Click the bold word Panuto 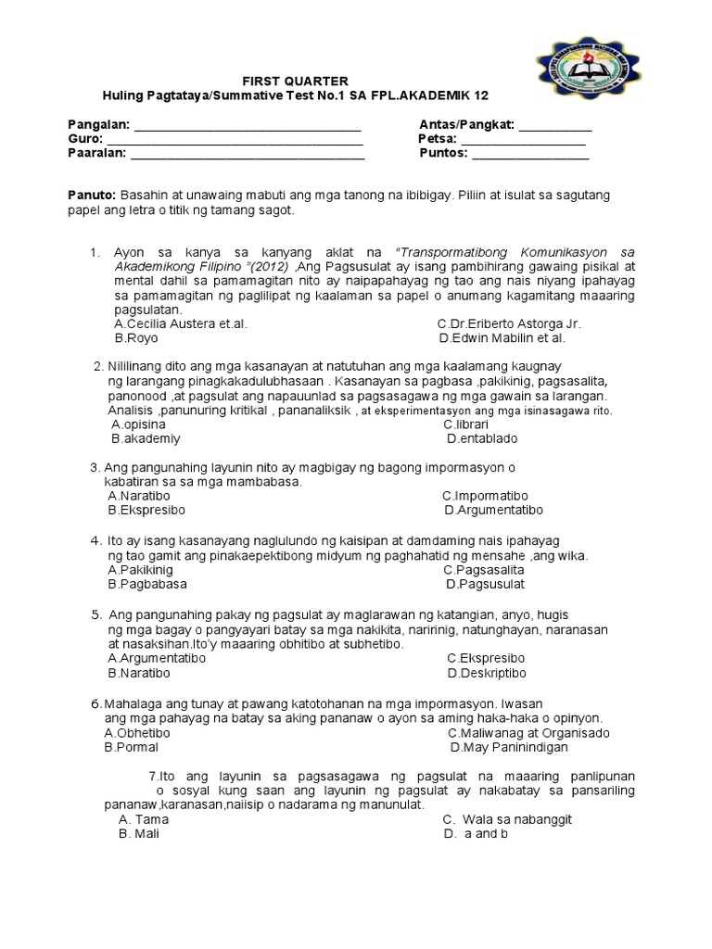(x=91, y=196)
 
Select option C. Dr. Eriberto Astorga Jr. (x=509, y=324)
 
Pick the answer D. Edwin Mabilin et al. (x=502, y=338)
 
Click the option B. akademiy (x=146, y=437)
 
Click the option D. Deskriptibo (x=486, y=672)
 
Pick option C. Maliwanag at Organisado (x=528, y=732)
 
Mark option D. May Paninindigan (x=509, y=747)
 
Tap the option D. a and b (x=476, y=833)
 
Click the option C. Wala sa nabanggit (x=507, y=819)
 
